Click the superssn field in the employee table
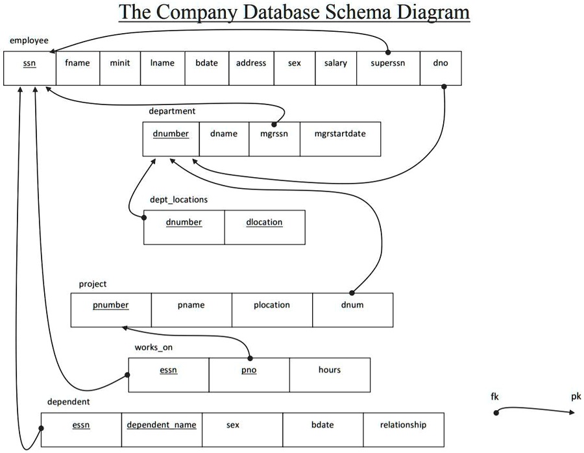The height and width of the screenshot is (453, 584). pos(387,63)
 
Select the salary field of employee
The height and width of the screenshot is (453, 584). pos(335,63)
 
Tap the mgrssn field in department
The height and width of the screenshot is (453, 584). pos(274,134)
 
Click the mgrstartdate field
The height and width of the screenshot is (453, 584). pos(339,134)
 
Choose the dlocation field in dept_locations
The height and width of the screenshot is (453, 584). pos(264,222)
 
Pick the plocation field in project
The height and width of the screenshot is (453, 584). pos(272,305)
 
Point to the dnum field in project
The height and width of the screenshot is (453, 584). pos(352,305)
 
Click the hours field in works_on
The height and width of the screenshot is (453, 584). pos(330,370)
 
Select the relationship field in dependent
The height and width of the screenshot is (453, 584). pos(404,424)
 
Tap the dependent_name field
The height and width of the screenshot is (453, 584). pos(162,424)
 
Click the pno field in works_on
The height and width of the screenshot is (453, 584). pos(249,370)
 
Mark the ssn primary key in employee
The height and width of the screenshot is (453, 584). pos(29,64)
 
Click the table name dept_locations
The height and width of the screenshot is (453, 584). pos(178,199)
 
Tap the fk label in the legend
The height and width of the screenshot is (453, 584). pos(495,397)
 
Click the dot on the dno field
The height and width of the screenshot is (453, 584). pos(444,86)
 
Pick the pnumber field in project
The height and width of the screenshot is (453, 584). pos(110,305)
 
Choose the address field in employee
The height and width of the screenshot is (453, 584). pos(251,63)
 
